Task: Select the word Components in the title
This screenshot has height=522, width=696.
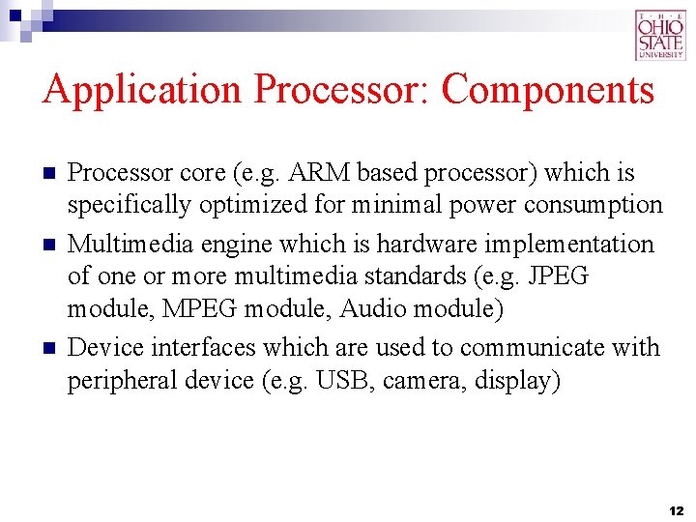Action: click(548, 90)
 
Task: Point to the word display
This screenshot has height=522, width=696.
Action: click(517, 382)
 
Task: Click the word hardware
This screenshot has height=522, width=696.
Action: click(421, 243)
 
